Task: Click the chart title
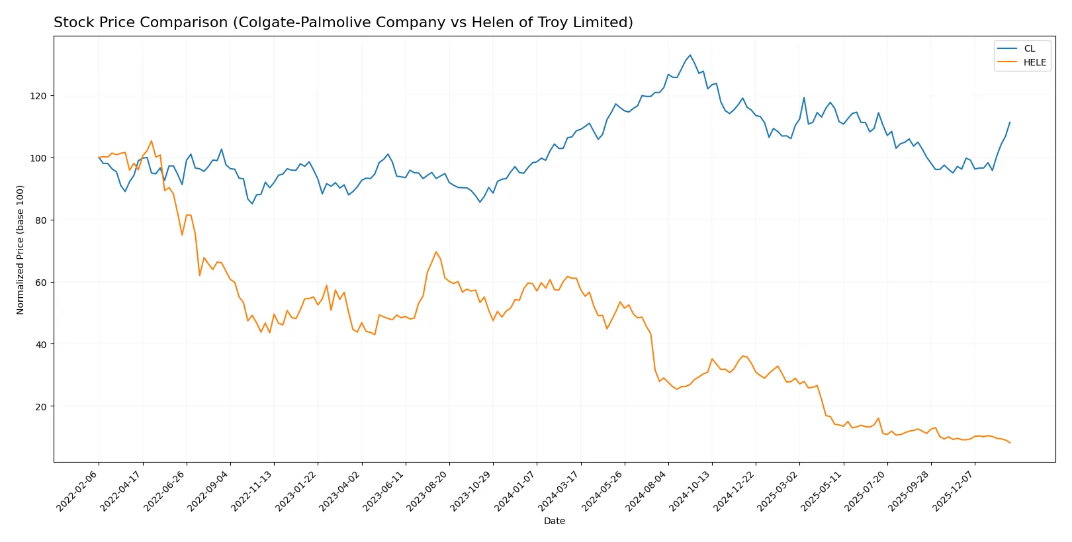pyautogui.click(x=343, y=23)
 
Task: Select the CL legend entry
pyautogui.click(x=1028, y=48)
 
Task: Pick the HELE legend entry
pyautogui.click(x=1034, y=62)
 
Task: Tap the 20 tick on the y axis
pyautogui.click(x=41, y=406)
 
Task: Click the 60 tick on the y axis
pyautogui.click(x=41, y=283)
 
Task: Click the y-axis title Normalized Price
pyautogui.click(x=21, y=249)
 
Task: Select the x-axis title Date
pyautogui.click(x=554, y=521)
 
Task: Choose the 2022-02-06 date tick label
pyautogui.click(x=78, y=490)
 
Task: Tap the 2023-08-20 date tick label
pyautogui.click(x=428, y=490)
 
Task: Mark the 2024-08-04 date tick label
pyautogui.click(x=647, y=490)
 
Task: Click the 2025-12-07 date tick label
pyautogui.click(x=954, y=490)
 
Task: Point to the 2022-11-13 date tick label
pyautogui.click(x=253, y=490)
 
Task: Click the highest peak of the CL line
pyautogui.click(x=690, y=55)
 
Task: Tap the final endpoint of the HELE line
pyautogui.click(x=1010, y=443)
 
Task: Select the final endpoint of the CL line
pyautogui.click(x=1010, y=122)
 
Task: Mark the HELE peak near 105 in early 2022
pyautogui.click(x=151, y=141)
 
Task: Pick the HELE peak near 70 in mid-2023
pyautogui.click(x=436, y=251)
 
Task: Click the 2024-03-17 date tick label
pyautogui.click(x=560, y=490)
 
